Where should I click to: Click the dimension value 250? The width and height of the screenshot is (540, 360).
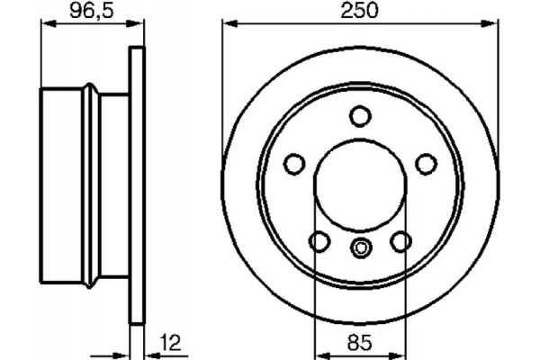[x=359, y=13]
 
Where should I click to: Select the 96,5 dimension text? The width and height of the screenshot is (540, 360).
[x=91, y=13]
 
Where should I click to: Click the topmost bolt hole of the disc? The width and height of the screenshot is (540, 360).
[x=360, y=115]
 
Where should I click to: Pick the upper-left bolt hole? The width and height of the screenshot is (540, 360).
[x=293, y=164]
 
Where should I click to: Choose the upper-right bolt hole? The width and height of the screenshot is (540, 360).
[x=427, y=164]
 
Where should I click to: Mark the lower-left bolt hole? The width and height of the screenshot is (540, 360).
[x=319, y=241]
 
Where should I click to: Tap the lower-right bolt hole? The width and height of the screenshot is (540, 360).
[x=401, y=241]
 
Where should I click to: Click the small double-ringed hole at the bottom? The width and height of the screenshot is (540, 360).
[x=360, y=248]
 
